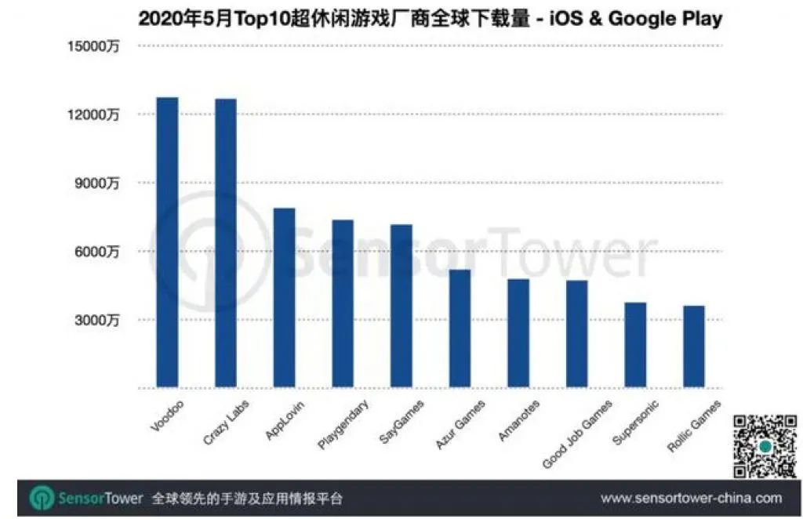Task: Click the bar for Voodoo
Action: coord(167,243)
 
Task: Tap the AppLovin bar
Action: coord(284,298)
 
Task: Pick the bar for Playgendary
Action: coord(343,304)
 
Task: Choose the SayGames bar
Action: coord(401,307)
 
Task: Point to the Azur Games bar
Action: coord(460,328)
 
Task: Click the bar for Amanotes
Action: coord(518,333)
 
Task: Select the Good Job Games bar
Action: coord(577,334)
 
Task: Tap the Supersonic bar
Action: coord(635,345)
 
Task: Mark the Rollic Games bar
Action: coord(694,347)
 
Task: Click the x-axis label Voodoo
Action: coord(162,415)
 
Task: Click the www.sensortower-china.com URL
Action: coord(691,499)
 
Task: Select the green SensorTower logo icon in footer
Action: coord(42,499)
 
